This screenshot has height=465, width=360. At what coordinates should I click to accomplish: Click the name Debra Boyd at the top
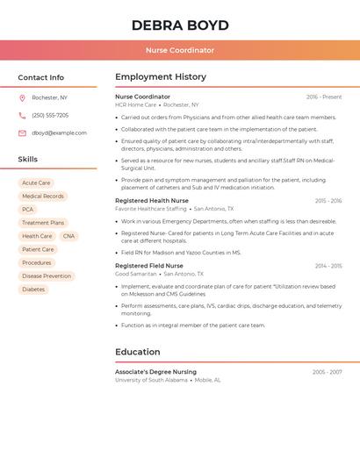(180, 25)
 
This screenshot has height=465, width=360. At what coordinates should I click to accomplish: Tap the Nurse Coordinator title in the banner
(180, 50)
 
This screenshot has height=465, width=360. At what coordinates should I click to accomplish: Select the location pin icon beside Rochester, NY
(22, 97)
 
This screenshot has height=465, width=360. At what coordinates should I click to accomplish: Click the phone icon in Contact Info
(22, 115)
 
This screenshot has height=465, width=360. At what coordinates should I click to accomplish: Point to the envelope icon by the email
(22, 132)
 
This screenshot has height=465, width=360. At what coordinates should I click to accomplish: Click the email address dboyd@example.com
(59, 132)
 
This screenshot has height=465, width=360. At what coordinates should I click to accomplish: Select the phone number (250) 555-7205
(50, 115)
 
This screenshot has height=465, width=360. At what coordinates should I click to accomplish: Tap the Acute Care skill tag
(36, 183)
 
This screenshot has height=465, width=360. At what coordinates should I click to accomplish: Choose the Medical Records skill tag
(43, 197)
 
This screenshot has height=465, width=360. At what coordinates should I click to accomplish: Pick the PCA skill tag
(28, 210)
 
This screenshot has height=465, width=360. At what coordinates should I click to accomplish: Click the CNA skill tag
(68, 236)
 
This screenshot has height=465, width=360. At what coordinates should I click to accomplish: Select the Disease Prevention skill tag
(47, 275)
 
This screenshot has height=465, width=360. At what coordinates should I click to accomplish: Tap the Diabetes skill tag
(33, 289)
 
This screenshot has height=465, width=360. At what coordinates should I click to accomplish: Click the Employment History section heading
(161, 77)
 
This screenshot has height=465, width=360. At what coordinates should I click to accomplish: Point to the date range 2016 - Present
(324, 97)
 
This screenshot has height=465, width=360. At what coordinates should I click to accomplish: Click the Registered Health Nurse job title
(152, 201)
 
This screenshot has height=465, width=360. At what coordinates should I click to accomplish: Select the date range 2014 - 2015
(328, 266)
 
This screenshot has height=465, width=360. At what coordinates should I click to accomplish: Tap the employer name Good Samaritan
(136, 274)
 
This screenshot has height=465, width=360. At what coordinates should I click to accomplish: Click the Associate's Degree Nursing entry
(155, 372)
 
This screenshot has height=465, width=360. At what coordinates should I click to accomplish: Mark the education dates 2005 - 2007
(327, 372)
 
